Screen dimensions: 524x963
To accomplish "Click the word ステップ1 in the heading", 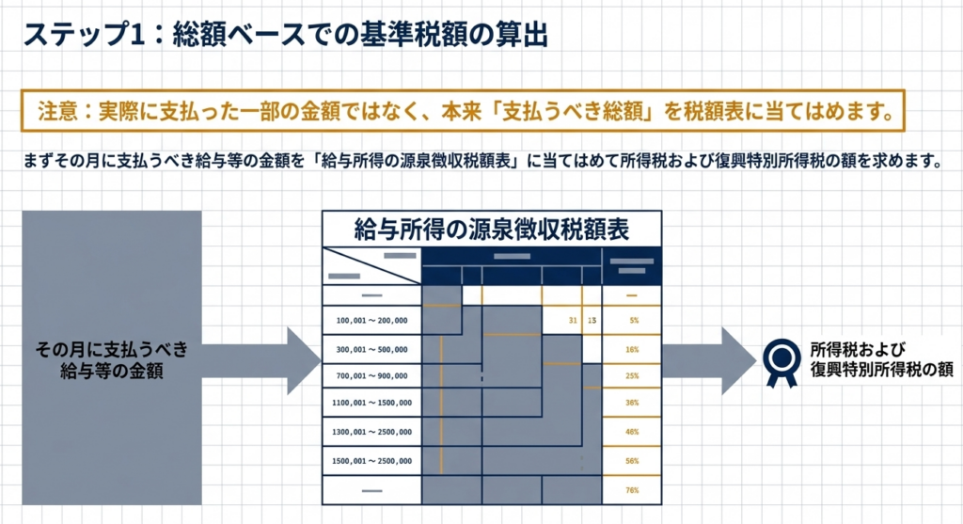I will (x=77, y=36).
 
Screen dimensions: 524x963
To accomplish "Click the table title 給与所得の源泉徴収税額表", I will (x=491, y=229).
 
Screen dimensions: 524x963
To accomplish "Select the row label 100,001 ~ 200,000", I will (x=371, y=321).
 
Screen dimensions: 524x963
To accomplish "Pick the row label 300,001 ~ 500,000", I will (x=371, y=349).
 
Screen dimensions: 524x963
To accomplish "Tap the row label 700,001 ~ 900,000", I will (x=371, y=376).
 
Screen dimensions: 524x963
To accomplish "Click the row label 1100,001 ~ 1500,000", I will (x=371, y=404).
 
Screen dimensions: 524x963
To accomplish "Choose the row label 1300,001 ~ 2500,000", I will (x=371, y=432).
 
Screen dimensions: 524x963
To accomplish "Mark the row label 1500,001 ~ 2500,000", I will (x=371, y=460).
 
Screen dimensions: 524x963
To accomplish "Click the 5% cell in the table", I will (x=634, y=321).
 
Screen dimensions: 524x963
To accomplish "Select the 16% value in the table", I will (x=634, y=349).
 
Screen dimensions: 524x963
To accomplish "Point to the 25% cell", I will (x=634, y=376).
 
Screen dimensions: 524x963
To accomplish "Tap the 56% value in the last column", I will (x=634, y=460).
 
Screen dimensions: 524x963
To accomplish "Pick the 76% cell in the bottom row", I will (x=634, y=489).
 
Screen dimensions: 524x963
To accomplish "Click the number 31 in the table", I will (x=573, y=321).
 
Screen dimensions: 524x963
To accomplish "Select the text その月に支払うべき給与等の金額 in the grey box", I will (x=111, y=360).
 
